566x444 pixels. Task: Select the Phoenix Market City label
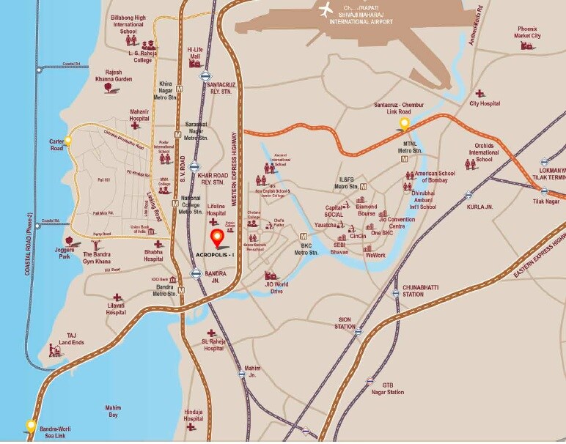(527, 32)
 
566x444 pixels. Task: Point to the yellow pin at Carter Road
(68, 139)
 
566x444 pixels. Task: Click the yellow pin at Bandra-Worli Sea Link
(31, 424)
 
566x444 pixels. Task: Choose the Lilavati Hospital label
(116, 308)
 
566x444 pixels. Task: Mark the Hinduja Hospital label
(194, 414)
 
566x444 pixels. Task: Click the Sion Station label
(345, 323)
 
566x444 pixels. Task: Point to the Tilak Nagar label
(545, 201)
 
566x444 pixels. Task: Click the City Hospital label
(485, 104)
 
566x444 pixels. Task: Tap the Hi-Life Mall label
(195, 51)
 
